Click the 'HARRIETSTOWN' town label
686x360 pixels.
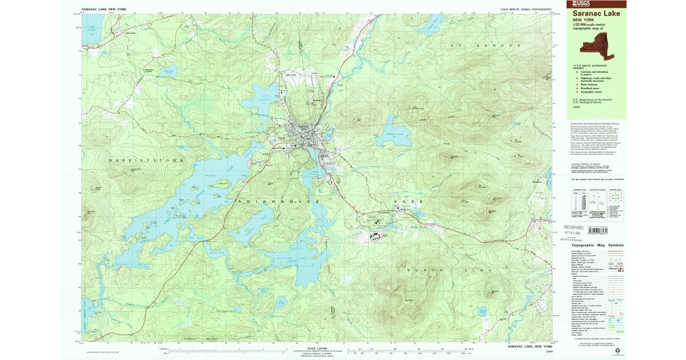coord(145,161)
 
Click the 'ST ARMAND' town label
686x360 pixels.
coord(485,45)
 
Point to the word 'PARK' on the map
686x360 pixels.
coord(409,202)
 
